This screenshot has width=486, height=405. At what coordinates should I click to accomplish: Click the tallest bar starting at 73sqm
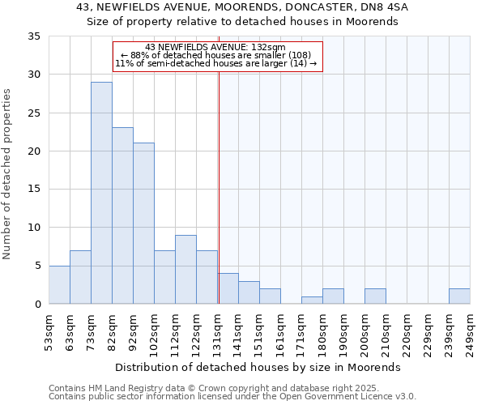coord(101,193)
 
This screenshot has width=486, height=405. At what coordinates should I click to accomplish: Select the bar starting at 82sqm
coord(122,215)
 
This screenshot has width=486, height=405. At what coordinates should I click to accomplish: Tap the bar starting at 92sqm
coord(143,224)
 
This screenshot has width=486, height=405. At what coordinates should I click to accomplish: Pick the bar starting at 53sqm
coord(59,284)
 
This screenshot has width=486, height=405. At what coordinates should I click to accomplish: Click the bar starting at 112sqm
coord(185,270)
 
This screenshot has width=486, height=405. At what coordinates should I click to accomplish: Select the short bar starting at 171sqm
coord(312,300)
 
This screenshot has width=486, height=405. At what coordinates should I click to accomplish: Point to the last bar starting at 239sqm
coord(459,296)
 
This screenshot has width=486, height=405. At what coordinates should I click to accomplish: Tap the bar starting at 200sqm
coord(375,296)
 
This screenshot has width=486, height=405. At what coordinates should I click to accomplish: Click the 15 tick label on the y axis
coord(34,190)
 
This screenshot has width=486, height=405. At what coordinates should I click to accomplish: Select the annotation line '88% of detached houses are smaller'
coord(215,55)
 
